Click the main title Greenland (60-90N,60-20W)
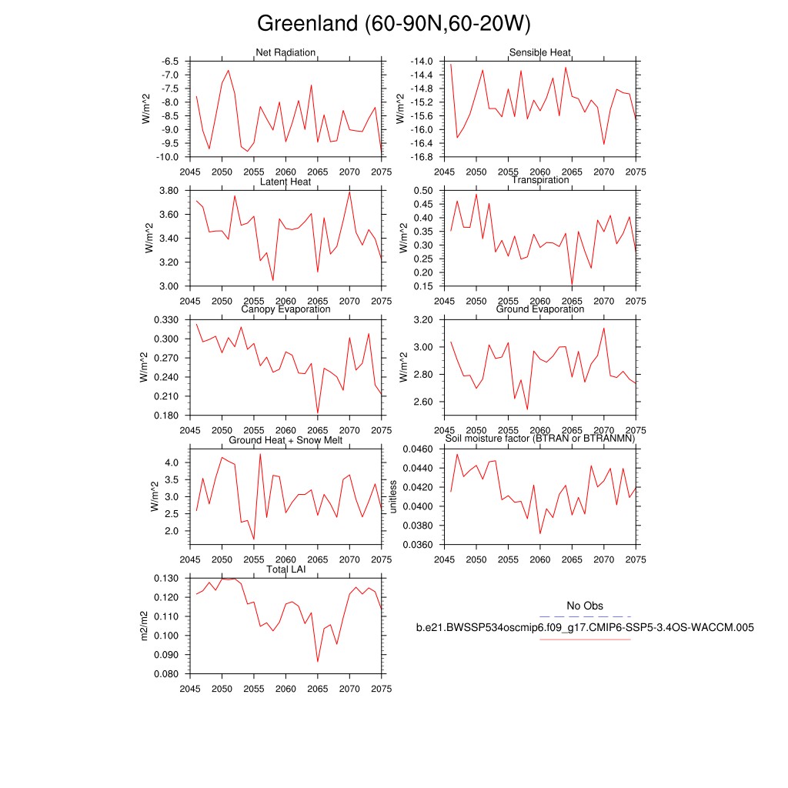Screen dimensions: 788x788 point(393,24)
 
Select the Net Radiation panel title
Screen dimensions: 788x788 point(285,52)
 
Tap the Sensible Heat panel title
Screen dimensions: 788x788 point(539,52)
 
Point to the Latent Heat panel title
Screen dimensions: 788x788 point(285,182)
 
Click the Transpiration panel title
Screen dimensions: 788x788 point(540,180)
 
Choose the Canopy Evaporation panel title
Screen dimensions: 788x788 point(285,309)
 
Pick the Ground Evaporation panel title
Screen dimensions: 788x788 point(539,309)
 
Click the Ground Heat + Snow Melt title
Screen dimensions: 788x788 point(285,439)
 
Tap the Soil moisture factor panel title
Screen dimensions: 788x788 point(539,439)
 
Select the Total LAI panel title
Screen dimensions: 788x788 point(285,569)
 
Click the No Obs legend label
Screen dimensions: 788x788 point(585,606)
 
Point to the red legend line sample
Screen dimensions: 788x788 point(585,639)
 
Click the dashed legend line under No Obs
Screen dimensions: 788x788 point(585,616)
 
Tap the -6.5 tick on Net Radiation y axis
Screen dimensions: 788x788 point(172,61)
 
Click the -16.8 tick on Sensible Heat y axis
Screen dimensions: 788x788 point(425,157)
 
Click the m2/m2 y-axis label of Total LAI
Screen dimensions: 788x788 point(144,626)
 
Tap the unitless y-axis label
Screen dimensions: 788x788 point(392,496)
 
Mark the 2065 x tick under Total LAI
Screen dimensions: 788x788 point(318,689)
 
